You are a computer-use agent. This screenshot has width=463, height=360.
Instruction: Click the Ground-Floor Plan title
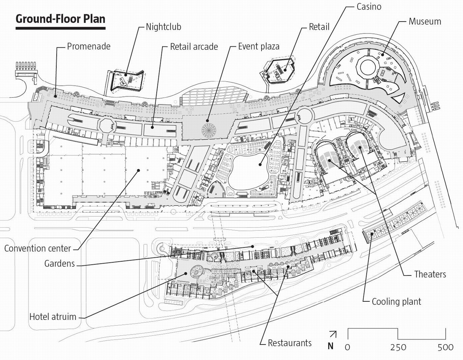tap(60, 19)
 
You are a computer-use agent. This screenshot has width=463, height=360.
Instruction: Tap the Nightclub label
tap(163, 27)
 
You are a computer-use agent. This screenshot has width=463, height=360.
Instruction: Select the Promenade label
tap(89, 47)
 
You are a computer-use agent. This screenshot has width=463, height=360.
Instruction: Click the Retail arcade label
tap(194, 47)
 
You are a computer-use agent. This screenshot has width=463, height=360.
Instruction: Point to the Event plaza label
tap(259, 47)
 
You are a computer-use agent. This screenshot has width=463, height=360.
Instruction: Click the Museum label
tap(424, 21)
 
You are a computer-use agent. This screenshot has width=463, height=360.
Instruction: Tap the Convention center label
tap(38, 248)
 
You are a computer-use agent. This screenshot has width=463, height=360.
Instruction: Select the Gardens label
tap(59, 264)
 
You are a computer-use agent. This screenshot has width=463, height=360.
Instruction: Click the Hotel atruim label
tap(53, 318)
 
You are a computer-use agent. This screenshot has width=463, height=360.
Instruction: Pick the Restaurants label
tap(289, 343)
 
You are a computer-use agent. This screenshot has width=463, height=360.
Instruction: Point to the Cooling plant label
tap(396, 301)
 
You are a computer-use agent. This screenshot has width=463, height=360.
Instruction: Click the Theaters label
tap(430, 274)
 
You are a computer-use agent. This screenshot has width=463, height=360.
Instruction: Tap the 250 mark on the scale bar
tap(398, 347)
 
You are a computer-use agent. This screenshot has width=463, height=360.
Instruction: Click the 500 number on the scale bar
tap(445, 347)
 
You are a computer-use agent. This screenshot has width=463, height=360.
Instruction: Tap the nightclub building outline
tap(127, 80)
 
